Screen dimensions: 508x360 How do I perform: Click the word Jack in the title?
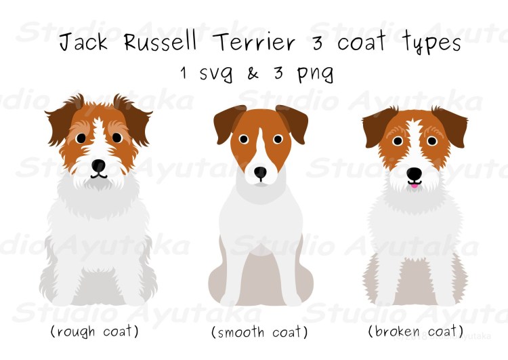click(x=83, y=42)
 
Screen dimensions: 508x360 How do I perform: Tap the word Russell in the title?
click(x=161, y=41)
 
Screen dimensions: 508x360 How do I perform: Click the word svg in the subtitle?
click(x=216, y=74)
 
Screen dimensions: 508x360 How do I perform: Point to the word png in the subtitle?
click(x=315, y=74)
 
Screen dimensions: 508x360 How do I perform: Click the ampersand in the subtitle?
click(x=253, y=73)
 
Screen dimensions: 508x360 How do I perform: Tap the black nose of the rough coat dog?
click(x=98, y=165)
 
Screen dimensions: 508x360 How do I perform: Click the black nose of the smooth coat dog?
click(x=260, y=172)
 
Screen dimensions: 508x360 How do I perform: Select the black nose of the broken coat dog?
click(x=415, y=174)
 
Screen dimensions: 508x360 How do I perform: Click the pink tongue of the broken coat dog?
click(x=414, y=186)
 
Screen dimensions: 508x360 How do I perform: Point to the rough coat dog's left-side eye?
click(x=81, y=138)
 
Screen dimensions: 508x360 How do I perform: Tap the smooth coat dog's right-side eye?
click(x=278, y=139)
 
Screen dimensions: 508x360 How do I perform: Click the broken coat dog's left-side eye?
click(x=398, y=141)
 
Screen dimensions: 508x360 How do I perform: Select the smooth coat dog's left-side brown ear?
click(x=227, y=123)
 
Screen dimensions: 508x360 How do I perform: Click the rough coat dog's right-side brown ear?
click(x=133, y=119)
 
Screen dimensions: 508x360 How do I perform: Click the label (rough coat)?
click(x=94, y=332)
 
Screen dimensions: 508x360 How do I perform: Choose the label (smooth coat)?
click(x=259, y=332)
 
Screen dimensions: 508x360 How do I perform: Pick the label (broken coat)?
click(x=416, y=331)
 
